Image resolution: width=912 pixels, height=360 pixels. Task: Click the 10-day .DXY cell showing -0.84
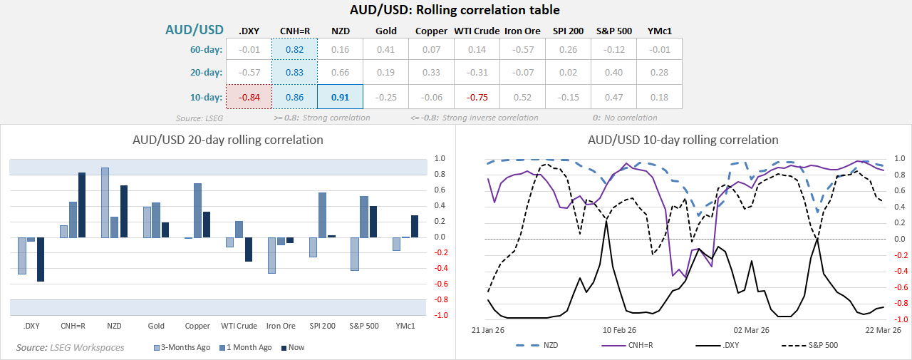point(249,96)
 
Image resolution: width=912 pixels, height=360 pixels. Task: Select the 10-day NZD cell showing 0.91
point(340,96)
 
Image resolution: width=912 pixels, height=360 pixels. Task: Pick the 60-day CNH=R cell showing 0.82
point(294,50)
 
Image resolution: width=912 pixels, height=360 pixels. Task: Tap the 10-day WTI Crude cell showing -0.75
point(477,96)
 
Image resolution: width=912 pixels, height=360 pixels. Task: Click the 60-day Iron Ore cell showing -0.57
point(522,50)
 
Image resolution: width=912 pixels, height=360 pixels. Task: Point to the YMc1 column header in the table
point(659,31)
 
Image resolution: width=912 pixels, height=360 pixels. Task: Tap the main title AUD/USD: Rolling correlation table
point(455,10)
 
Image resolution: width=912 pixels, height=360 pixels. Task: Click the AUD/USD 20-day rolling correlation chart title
point(228,140)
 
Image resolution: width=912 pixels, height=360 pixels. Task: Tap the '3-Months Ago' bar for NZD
point(105,202)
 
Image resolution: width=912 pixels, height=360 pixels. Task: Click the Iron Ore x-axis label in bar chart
point(281,326)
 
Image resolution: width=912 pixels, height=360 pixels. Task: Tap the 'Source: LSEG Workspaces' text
point(71,347)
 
